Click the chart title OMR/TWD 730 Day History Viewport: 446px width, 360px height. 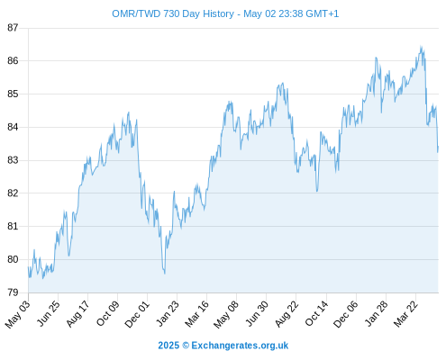173,13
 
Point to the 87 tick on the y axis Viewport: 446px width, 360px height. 13,28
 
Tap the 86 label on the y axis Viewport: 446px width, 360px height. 13,61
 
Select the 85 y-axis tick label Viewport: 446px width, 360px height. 13,94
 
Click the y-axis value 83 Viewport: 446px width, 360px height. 13,160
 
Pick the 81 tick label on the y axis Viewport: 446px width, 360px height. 13,226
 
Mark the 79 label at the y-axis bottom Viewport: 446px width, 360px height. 13,292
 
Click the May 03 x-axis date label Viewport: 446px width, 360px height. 17,314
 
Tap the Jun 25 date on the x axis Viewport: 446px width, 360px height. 48,313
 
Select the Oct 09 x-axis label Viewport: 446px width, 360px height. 107,313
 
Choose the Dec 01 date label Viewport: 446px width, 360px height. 137,314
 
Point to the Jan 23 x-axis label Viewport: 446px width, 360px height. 168,313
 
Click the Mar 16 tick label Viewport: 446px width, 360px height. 196,313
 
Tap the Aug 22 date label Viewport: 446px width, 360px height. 287,313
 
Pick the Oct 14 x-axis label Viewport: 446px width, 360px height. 316,313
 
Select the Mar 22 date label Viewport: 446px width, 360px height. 405,313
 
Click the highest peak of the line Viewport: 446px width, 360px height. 421,46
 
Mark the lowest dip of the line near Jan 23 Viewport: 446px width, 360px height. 165,274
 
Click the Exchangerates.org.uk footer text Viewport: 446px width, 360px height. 240,346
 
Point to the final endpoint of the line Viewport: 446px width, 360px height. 438,147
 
